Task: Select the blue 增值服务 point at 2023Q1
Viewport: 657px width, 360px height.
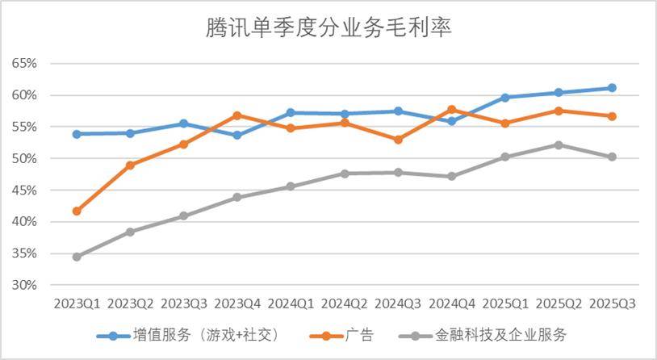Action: pyautogui.click(x=77, y=134)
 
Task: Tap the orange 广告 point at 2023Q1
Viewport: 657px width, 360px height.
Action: pyautogui.click(x=77, y=211)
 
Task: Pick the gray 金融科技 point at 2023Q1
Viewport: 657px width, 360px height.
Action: pyautogui.click(x=77, y=257)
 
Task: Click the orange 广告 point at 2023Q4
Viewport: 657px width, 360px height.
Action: pyautogui.click(x=236, y=115)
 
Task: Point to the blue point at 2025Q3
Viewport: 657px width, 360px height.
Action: pyautogui.click(x=612, y=88)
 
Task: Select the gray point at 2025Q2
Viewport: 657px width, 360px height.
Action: pyautogui.click(x=559, y=145)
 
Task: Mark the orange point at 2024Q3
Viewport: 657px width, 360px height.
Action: pyautogui.click(x=398, y=140)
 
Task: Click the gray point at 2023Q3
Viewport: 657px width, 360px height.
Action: pyautogui.click(x=183, y=216)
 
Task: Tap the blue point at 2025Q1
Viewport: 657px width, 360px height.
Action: pyautogui.click(x=505, y=98)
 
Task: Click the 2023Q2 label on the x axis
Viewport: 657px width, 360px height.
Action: pyautogui.click(x=130, y=303)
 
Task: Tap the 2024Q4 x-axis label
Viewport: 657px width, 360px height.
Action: pyautogui.click(x=451, y=303)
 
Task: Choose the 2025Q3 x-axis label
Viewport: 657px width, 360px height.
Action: pyautogui.click(x=612, y=303)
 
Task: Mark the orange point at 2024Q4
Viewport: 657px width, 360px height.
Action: pyautogui.click(x=451, y=110)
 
